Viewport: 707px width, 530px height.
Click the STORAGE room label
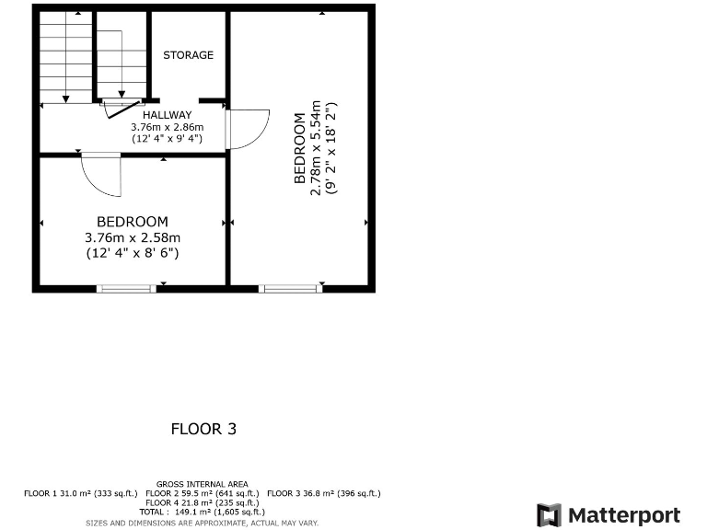point(188,55)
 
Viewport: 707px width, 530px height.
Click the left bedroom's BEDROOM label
point(133,222)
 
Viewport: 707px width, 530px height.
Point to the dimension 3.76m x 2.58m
point(133,236)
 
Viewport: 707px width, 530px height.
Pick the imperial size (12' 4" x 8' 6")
point(133,251)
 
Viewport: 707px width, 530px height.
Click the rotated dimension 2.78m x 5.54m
point(316,147)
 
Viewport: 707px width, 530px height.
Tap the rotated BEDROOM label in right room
point(299,148)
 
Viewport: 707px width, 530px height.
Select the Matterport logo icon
point(549,515)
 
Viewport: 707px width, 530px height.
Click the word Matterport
point(624,515)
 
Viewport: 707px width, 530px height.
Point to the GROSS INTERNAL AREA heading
point(202,484)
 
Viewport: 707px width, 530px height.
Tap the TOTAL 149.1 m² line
point(202,512)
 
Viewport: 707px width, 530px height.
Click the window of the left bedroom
point(125,288)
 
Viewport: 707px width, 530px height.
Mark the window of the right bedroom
point(290,288)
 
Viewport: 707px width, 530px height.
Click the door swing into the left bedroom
point(102,174)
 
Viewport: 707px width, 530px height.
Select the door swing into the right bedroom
point(248,128)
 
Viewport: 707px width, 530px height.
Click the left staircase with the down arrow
point(65,60)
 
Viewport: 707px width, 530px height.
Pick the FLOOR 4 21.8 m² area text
point(202,503)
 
